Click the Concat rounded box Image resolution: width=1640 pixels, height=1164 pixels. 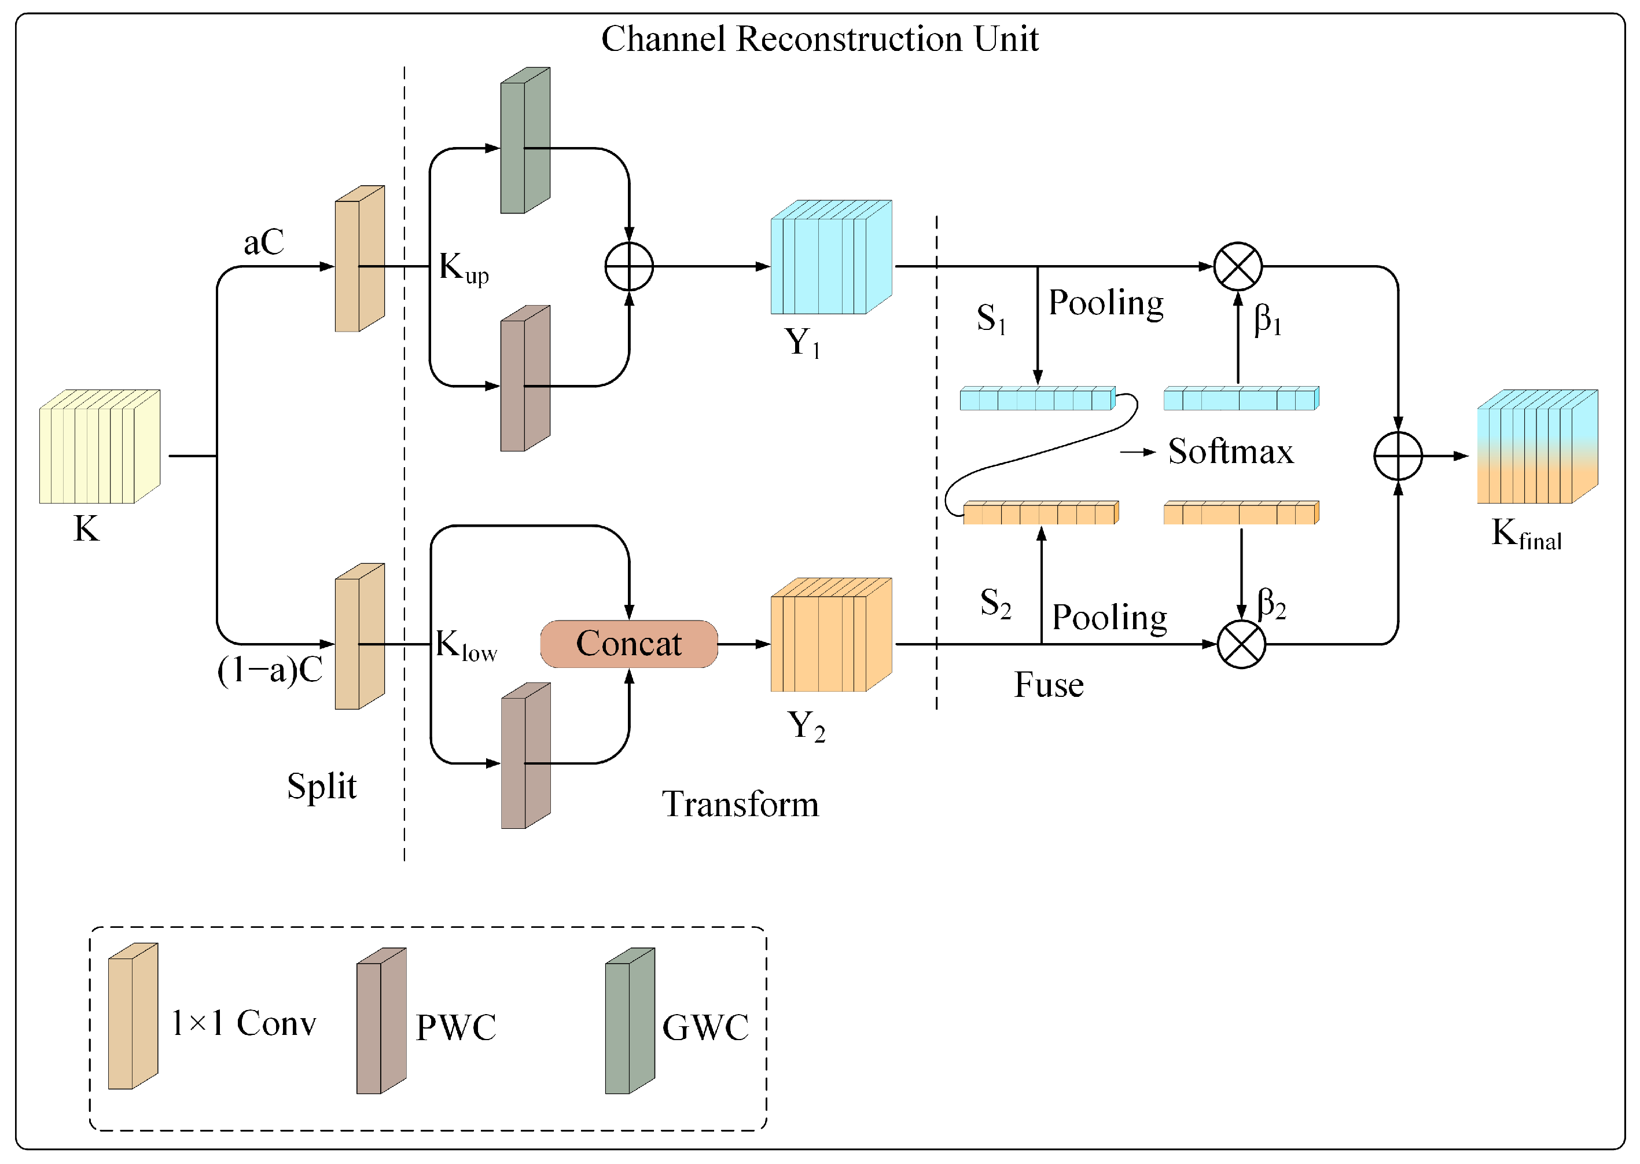tap(628, 644)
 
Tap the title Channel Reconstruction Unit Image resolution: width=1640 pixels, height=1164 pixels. tap(819, 39)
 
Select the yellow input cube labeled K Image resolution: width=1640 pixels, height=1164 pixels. tap(99, 446)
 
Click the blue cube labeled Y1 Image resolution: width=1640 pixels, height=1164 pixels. tap(830, 258)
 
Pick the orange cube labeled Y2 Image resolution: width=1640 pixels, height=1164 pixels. tap(830, 635)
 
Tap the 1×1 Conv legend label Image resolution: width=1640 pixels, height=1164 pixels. tap(244, 1023)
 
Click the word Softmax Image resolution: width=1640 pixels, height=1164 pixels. tap(1230, 451)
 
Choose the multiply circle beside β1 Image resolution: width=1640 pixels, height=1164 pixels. tap(1237, 267)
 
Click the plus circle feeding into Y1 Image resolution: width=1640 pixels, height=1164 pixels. tap(628, 267)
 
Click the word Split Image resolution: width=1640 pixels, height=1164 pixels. tap(322, 786)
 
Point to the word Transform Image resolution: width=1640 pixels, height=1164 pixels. tap(740, 804)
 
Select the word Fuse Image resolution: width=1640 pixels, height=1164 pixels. tap(1048, 685)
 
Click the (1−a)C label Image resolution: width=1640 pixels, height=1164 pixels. tap(270, 671)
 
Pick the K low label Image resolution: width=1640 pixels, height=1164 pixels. tap(466, 645)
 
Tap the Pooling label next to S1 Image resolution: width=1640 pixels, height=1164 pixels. tap(1105, 303)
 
